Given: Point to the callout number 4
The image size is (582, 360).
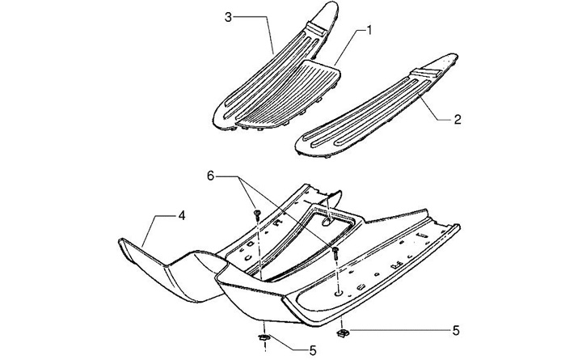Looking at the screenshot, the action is pos(182,216).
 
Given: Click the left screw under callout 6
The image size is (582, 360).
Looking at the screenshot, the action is pos(256,215).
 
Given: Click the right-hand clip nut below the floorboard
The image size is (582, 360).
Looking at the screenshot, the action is pos(343,330).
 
